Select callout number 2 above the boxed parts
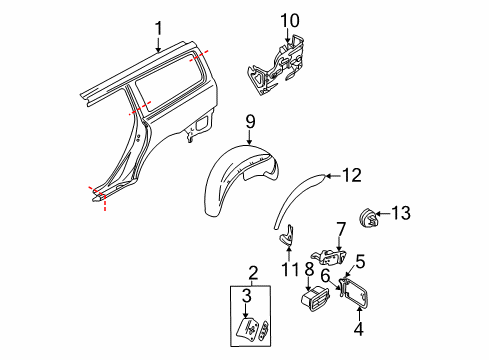[x=253, y=272]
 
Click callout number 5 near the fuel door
[x=359, y=263]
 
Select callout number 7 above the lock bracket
[x=340, y=229]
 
